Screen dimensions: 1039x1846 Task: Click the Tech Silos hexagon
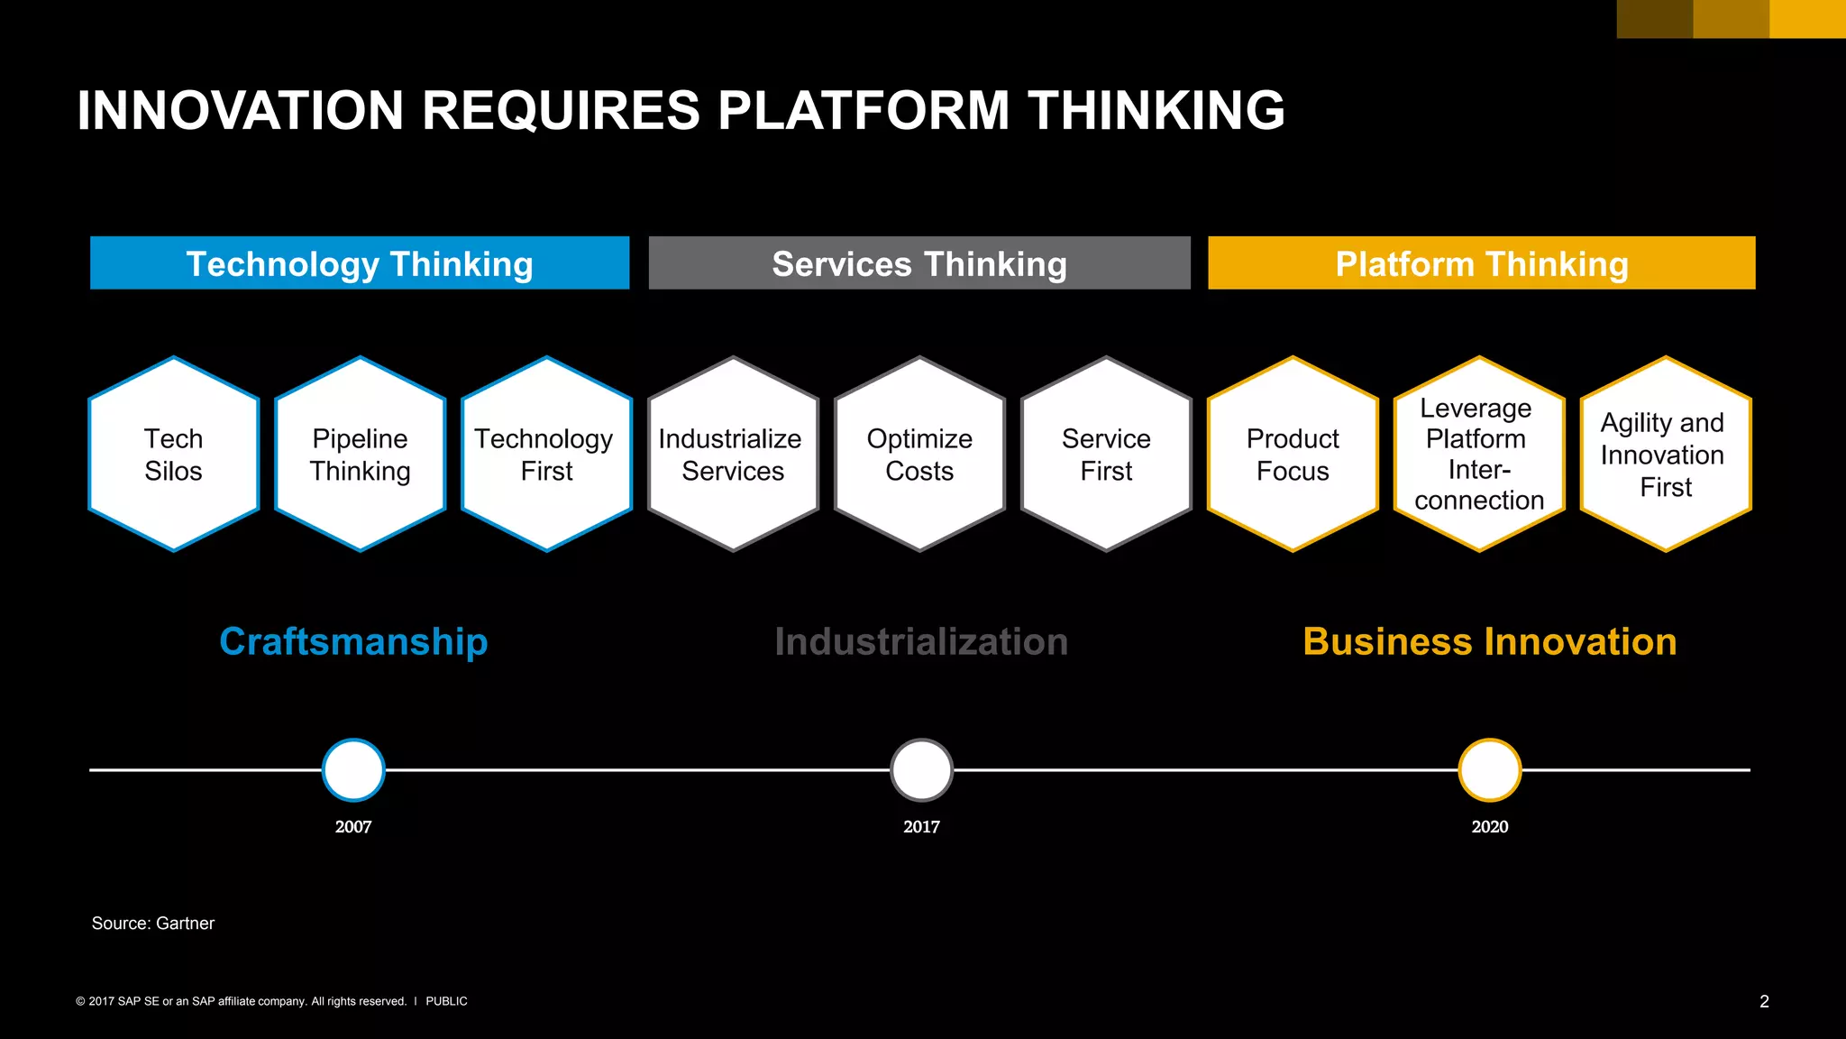coord(174,454)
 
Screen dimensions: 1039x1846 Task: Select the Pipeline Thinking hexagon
coord(361,454)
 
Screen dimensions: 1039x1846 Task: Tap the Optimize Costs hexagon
coord(919,454)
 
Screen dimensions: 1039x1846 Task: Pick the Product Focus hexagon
coord(1293,454)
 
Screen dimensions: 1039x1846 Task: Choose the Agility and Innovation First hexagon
coord(1666,454)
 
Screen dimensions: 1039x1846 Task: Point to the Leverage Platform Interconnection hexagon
coord(1479,454)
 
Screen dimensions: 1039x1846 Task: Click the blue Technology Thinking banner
coord(360,263)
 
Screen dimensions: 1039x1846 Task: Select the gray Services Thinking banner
coord(919,263)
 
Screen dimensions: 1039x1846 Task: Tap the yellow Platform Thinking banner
coord(1481,263)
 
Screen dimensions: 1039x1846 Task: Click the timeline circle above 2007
coord(353,770)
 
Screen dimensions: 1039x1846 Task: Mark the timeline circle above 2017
coord(921,770)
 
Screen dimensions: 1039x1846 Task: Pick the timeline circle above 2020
coord(1490,770)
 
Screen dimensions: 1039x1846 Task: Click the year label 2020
coord(1490,827)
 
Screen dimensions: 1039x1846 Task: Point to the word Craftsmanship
coord(353,642)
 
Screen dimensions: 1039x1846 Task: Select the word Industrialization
coord(921,642)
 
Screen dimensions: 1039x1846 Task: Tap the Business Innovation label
coord(1490,642)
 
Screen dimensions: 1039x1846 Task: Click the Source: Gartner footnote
coord(153,924)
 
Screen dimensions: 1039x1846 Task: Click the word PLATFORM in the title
coord(864,110)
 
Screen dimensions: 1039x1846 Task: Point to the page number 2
coord(1764,1001)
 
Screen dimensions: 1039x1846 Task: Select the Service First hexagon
coord(1106,454)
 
